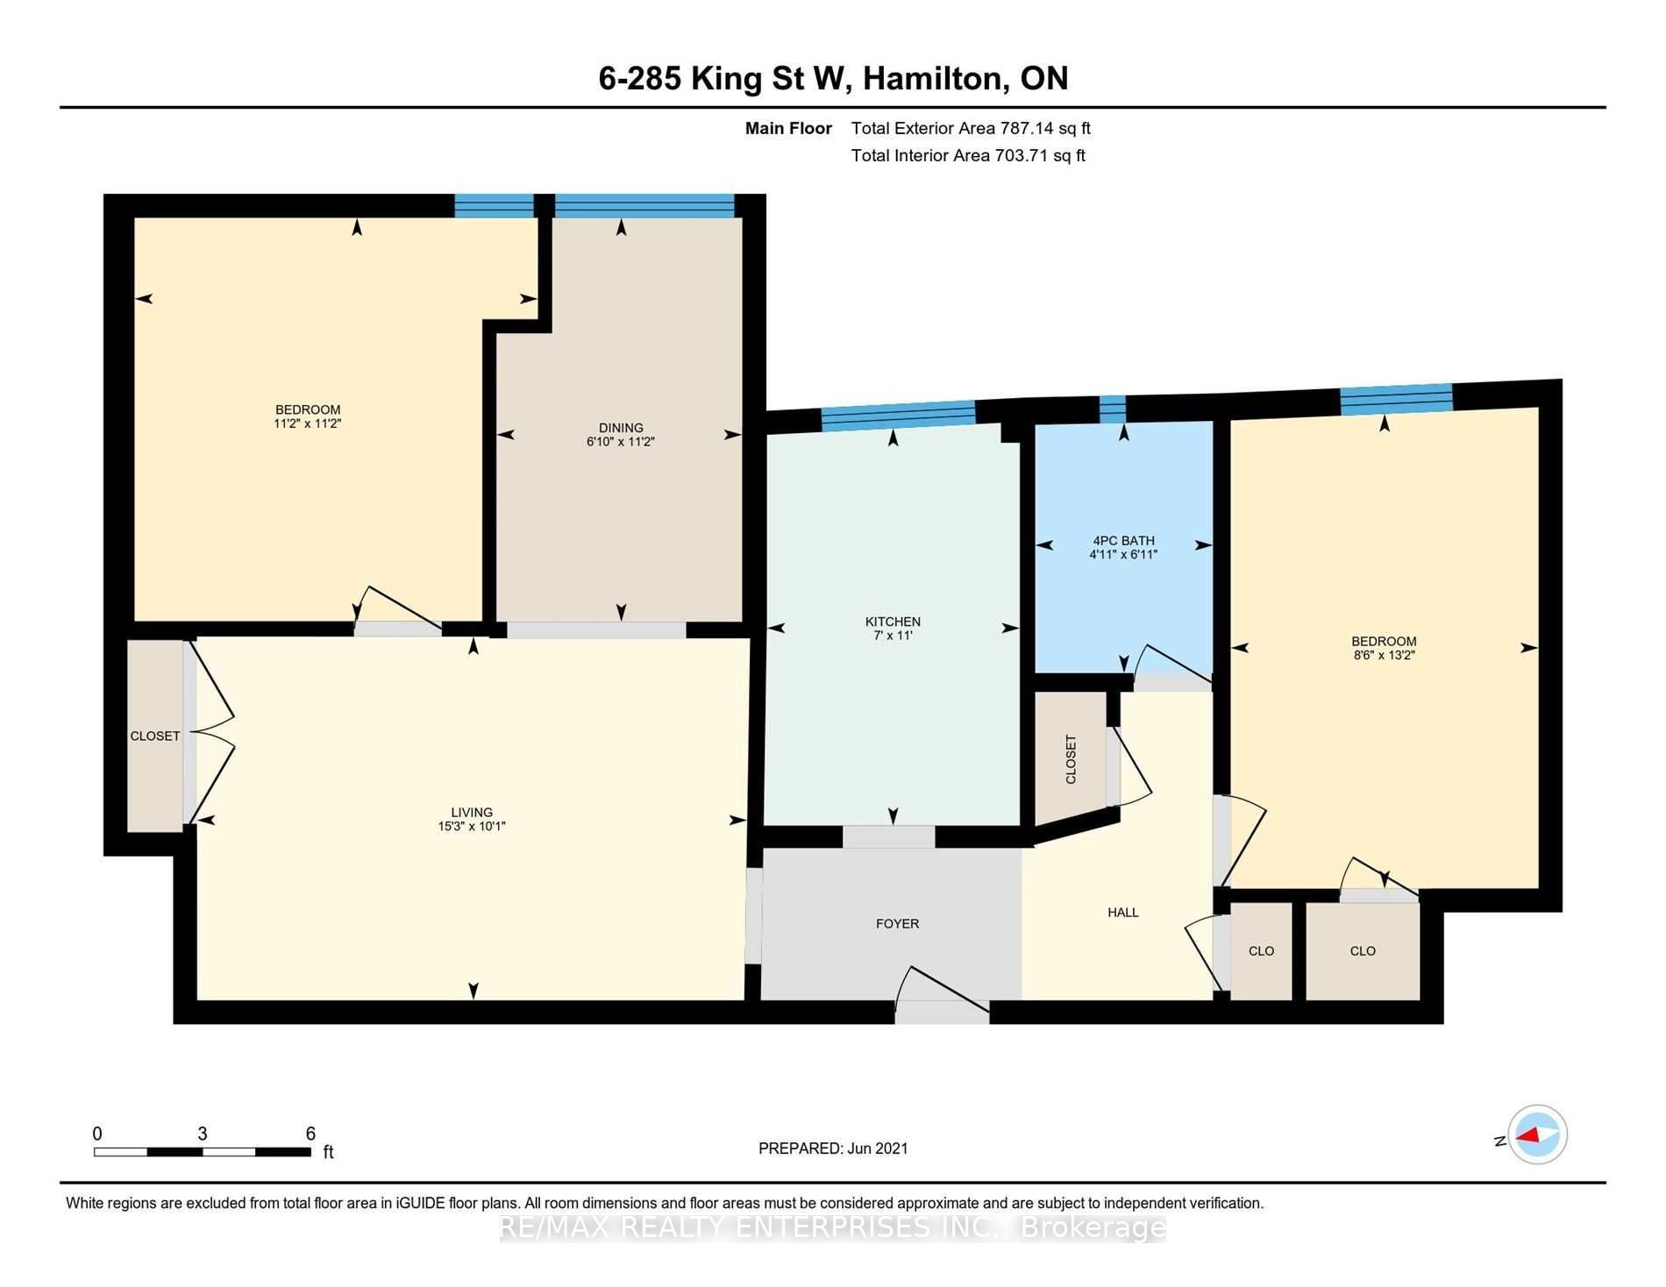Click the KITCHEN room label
click(893, 622)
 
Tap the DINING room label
click(621, 428)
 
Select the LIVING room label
click(472, 812)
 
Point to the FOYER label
click(897, 923)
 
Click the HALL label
click(1122, 912)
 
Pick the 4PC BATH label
click(1123, 540)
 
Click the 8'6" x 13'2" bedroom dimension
click(1384, 655)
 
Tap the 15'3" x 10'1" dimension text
click(472, 826)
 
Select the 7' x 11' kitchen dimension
click(893, 636)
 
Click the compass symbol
click(1538, 1134)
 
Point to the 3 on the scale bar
click(203, 1134)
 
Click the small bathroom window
click(1113, 409)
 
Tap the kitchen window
click(899, 416)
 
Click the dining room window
click(644, 205)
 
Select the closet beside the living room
click(155, 736)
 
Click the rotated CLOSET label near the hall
click(1071, 759)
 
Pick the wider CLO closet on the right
click(1363, 951)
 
